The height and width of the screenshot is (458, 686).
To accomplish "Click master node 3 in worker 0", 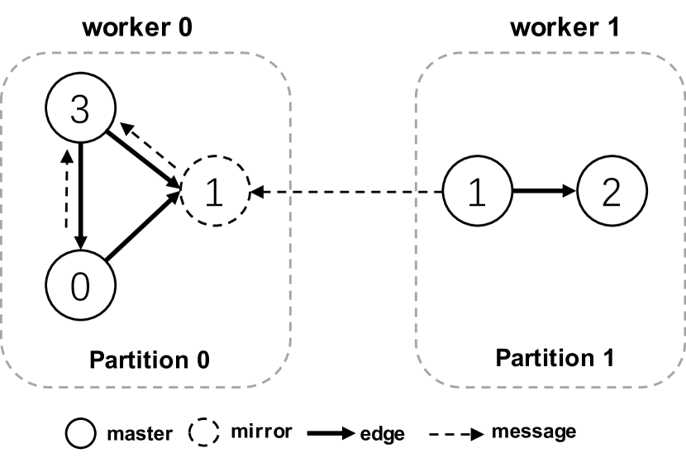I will click(x=80, y=110).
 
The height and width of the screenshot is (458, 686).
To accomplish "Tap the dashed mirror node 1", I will click(x=214, y=193).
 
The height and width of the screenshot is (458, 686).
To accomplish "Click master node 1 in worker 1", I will click(x=475, y=193).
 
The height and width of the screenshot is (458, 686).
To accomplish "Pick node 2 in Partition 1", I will click(x=610, y=193).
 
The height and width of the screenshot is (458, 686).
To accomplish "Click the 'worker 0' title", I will click(x=137, y=27).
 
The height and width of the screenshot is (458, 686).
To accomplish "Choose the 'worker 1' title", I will click(x=565, y=27).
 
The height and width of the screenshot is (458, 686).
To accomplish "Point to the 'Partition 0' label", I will click(x=149, y=360).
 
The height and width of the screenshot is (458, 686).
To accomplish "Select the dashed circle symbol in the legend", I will click(x=204, y=432).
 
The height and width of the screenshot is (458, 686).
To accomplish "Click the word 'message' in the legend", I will click(x=533, y=432).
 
